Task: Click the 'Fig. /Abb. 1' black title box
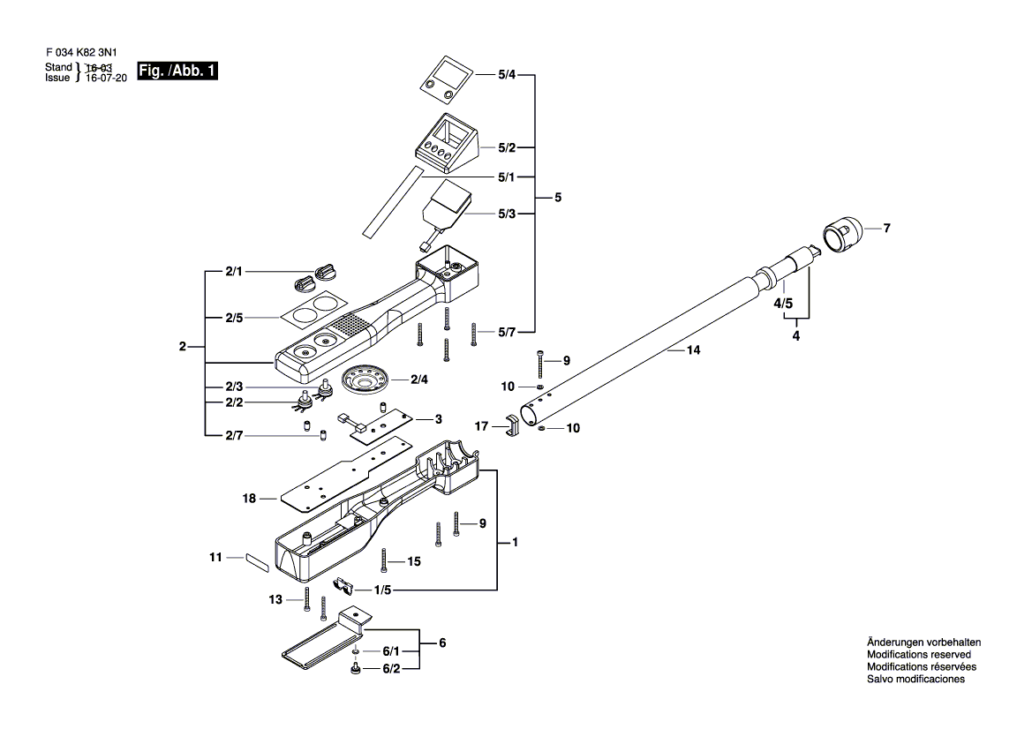[177, 71]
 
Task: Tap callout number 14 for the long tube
[693, 350]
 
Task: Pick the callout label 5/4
[506, 75]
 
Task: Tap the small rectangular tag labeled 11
[258, 563]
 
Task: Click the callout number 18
[249, 499]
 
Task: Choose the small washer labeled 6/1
[356, 651]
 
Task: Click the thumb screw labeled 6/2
[356, 668]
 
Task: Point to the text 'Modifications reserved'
[919, 655]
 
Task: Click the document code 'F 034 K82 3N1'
[81, 52]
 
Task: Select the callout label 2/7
[234, 436]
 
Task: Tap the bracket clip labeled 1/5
[345, 585]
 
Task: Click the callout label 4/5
[783, 304]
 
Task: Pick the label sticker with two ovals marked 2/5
[313, 312]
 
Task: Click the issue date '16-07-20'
[106, 79]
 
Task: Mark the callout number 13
[275, 599]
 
